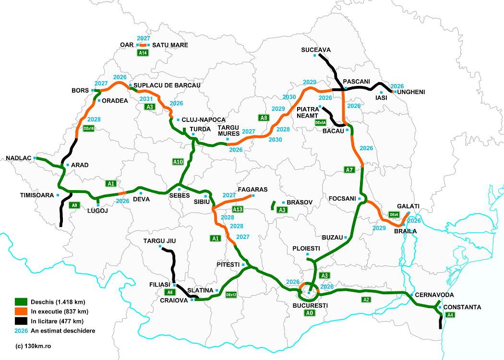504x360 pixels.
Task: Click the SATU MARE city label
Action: click(x=170, y=45)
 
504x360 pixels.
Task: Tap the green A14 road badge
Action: click(x=142, y=53)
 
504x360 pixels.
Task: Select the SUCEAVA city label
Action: click(x=316, y=49)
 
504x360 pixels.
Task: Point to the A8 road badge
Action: click(x=263, y=118)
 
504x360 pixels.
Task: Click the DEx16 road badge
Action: click(x=89, y=129)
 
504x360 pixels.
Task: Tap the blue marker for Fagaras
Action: click(x=253, y=196)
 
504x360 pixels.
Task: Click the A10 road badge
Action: click(x=178, y=162)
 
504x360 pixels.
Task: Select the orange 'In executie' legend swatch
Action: click(x=21, y=312)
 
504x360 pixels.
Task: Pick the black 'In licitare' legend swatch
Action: click(x=21, y=321)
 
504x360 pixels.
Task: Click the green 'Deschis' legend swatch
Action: click(x=21, y=302)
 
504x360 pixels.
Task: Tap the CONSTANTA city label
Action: click(x=462, y=307)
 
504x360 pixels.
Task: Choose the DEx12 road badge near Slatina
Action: click(x=231, y=295)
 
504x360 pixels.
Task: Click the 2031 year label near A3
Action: click(x=146, y=99)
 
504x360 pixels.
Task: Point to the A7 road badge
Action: click(x=349, y=169)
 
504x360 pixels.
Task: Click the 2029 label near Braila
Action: click(x=379, y=228)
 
